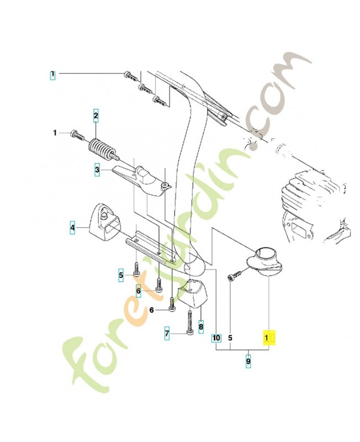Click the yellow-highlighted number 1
click(269, 337)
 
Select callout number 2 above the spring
click(96, 116)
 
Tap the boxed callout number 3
click(97, 170)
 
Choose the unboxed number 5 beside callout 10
click(230, 337)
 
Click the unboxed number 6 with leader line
click(152, 311)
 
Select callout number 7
click(167, 334)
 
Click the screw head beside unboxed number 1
click(76, 133)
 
